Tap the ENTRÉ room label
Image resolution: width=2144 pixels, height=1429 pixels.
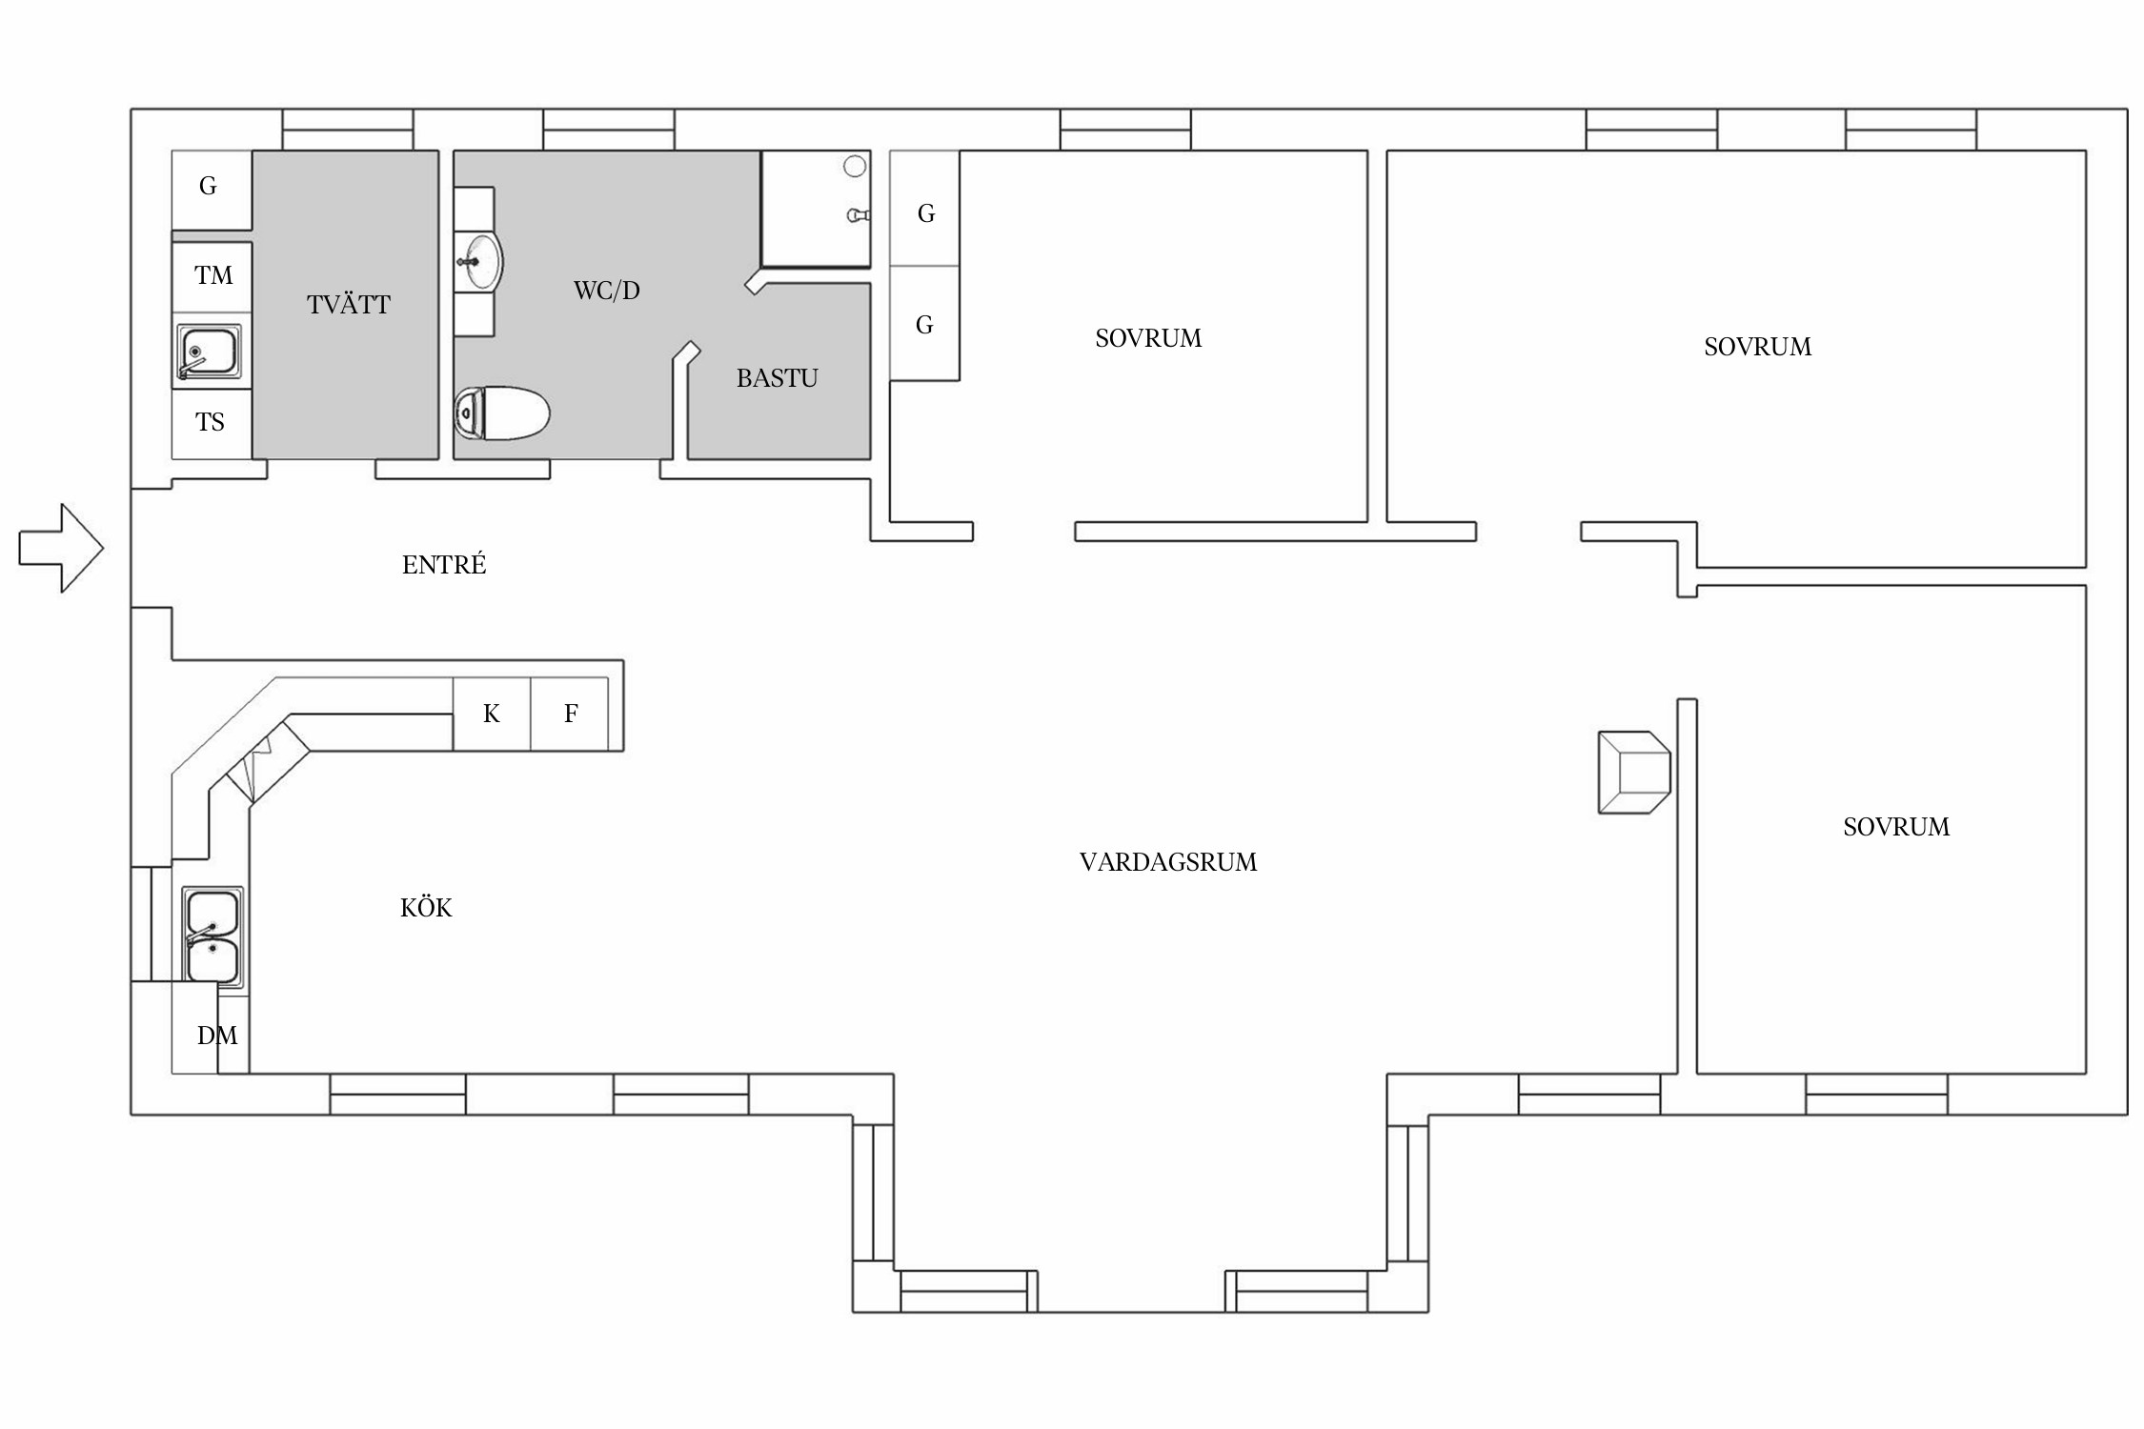(x=444, y=565)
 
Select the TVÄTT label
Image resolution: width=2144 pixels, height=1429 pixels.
(x=349, y=304)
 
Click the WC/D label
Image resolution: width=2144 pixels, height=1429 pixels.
(x=607, y=291)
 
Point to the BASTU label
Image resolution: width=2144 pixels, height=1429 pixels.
(x=778, y=378)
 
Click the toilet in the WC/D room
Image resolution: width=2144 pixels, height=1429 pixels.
(x=502, y=413)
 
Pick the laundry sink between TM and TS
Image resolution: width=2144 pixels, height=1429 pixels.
(x=209, y=352)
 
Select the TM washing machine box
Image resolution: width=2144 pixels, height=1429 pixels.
(x=212, y=276)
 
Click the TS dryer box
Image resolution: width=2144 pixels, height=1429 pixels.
(x=212, y=423)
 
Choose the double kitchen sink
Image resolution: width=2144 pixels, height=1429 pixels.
(x=212, y=936)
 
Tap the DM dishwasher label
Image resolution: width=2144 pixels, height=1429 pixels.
(x=217, y=1036)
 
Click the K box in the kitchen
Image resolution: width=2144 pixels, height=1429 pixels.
(x=492, y=714)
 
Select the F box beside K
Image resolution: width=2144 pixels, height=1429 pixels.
(x=570, y=714)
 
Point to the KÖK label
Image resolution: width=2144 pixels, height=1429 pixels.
(x=426, y=908)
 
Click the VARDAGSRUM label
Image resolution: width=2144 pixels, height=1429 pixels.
(x=1168, y=862)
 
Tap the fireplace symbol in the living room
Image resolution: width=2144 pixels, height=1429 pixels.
(x=1634, y=773)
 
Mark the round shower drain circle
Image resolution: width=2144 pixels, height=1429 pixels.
(x=855, y=167)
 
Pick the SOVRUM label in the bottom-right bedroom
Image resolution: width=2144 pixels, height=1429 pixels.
(x=1896, y=827)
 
